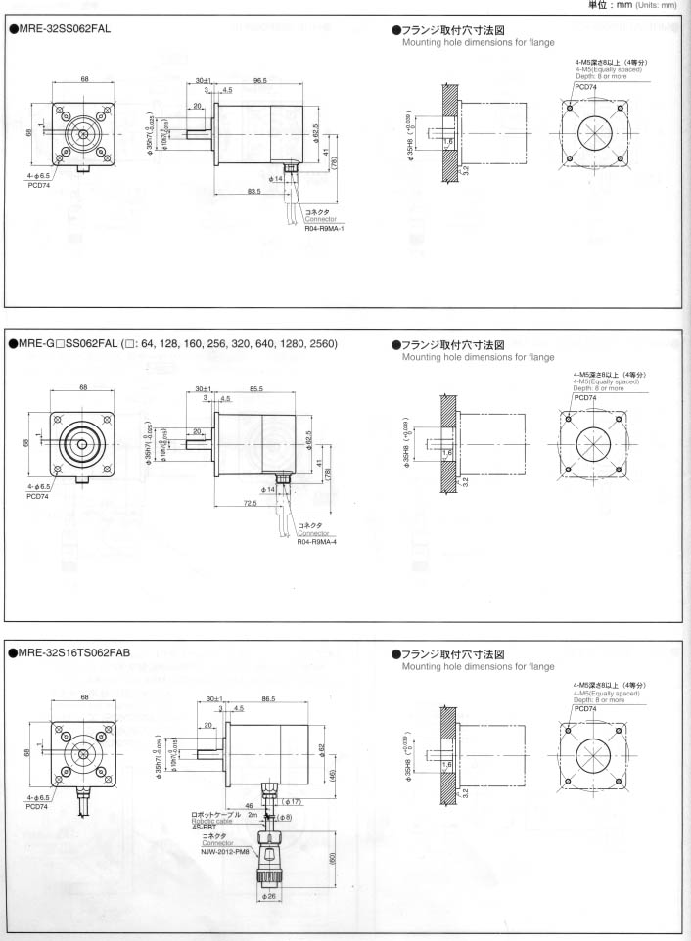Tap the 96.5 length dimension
pos(259,80)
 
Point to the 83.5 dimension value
pos(253,191)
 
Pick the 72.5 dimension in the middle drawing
pos(252,503)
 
